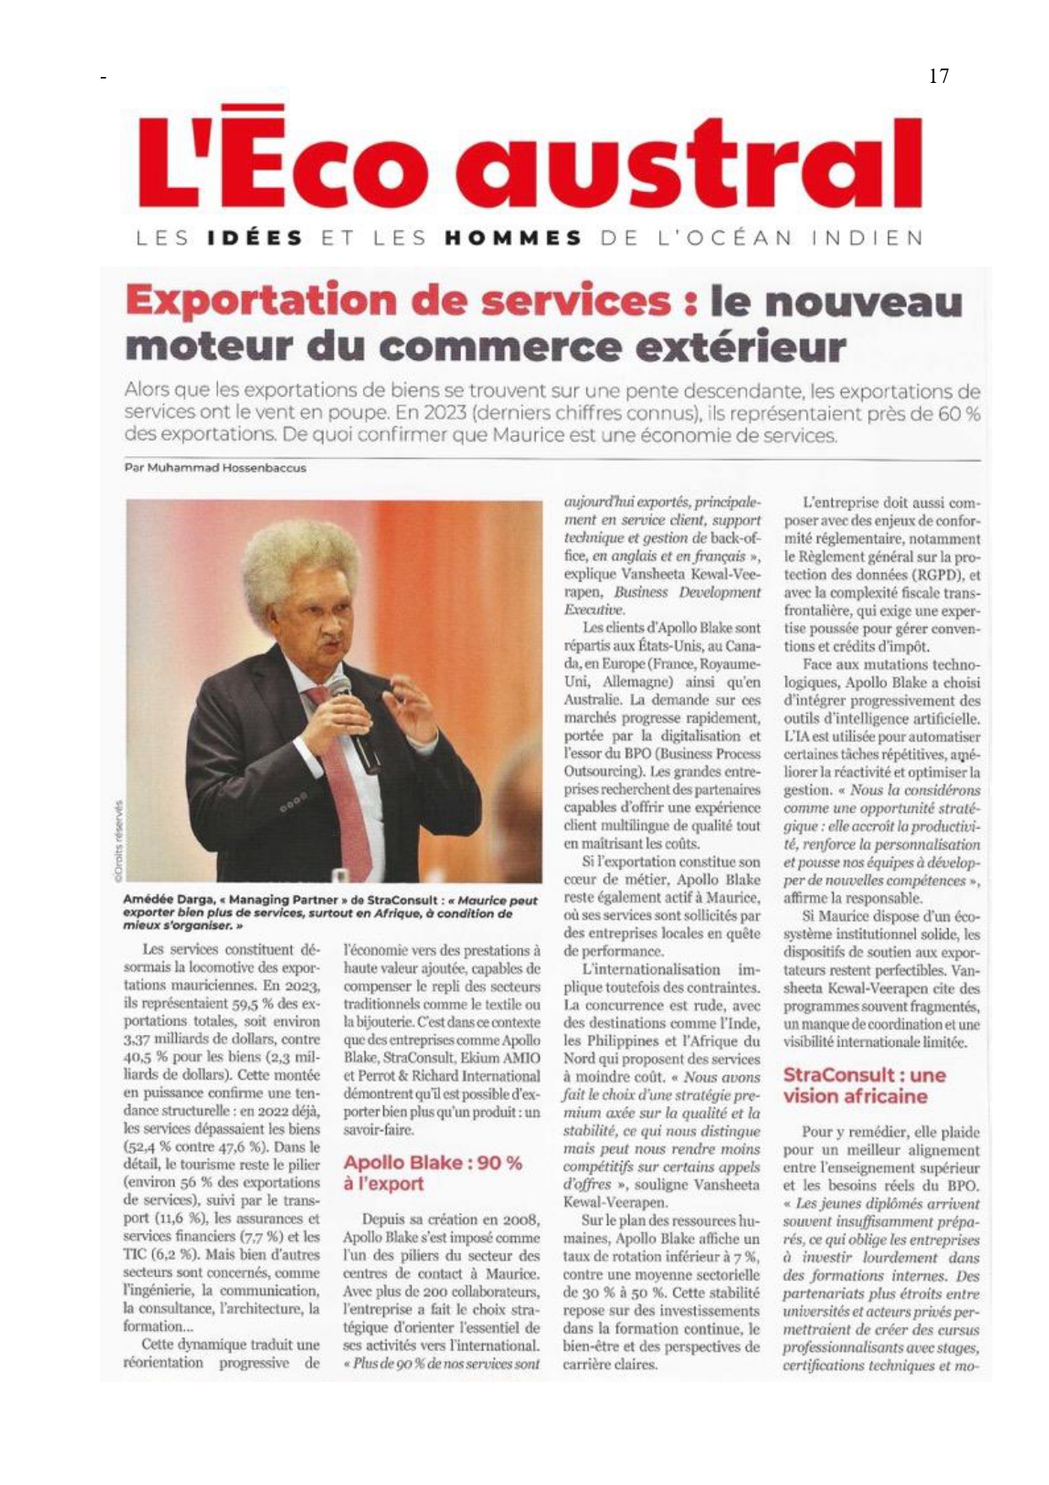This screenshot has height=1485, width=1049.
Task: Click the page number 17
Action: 938,76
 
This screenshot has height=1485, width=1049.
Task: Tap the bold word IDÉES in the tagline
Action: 255,239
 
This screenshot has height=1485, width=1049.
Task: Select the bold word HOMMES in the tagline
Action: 514,239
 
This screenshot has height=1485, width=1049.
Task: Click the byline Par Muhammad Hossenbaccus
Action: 215,468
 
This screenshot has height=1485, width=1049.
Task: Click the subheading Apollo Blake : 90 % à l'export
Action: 432,1173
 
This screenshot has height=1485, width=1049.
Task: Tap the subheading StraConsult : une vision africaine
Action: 864,1086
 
